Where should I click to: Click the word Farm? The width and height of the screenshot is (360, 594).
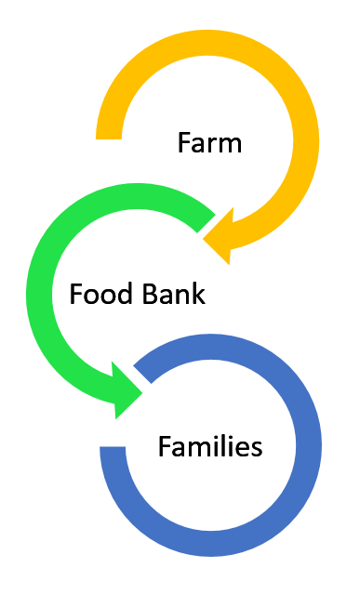(209, 143)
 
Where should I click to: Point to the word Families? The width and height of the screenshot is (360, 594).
(210, 447)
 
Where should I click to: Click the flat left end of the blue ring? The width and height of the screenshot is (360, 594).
(113, 455)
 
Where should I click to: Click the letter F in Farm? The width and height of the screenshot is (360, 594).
(183, 143)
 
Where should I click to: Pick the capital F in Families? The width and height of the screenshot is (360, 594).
(164, 447)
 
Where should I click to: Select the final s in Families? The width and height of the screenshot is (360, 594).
(257, 449)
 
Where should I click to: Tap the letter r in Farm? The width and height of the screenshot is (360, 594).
(210, 145)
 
